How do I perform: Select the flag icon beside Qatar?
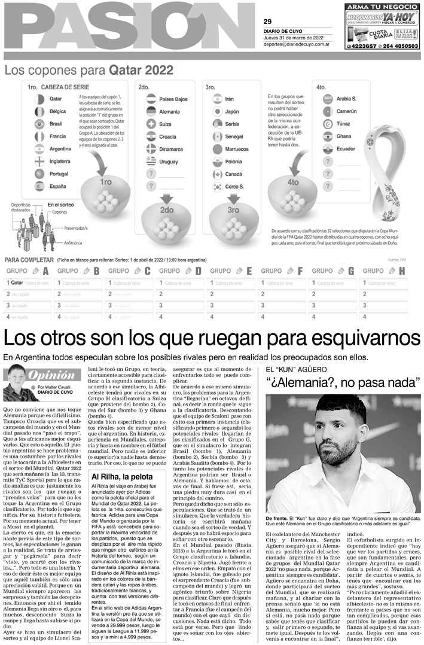(39, 98)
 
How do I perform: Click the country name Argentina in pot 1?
(61, 148)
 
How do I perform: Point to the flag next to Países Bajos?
(151, 98)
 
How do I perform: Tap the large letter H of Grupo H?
(401, 271)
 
